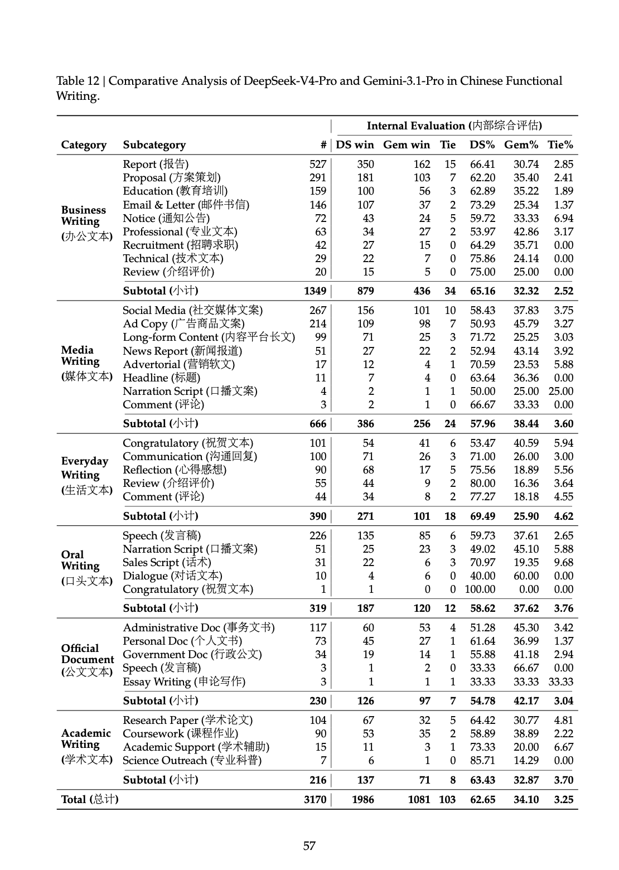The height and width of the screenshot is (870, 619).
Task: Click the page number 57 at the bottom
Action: [309, 846]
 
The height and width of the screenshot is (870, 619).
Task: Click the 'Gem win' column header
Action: [406, 145]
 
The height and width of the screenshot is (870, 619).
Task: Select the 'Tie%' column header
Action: [560, 145]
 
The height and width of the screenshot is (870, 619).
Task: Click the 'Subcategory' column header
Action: [154, 145]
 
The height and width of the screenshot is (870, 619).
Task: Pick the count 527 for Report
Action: [318, 164]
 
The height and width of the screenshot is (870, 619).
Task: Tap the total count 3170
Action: [315, 799]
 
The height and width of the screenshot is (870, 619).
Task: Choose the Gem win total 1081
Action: [419, 799]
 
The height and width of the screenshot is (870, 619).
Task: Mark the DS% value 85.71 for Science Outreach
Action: [482, 760]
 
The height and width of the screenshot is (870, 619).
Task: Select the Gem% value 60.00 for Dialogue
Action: [526, 576]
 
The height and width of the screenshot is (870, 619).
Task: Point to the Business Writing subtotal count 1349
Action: [315, 291]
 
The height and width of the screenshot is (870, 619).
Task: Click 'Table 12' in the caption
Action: [77, 81]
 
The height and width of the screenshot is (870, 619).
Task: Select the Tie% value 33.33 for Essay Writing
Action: [560, 681]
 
